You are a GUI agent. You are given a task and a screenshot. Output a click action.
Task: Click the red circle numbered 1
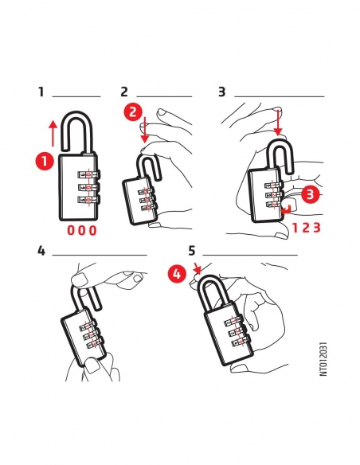pyautogui.click(x=45, y=162)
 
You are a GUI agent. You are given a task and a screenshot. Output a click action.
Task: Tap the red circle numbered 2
pyautogui.click(x=133, y=111)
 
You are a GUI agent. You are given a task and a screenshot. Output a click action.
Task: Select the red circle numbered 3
pyautogui.click(x=311, y=194)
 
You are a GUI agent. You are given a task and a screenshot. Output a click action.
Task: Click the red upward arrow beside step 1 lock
pyautogui.click(x=53, y=134)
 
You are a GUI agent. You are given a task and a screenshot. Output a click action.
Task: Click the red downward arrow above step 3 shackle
pyautogui.click(x=278, y=123)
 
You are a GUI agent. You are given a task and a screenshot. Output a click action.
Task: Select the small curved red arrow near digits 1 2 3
pyautogui.click(x=286, y=209)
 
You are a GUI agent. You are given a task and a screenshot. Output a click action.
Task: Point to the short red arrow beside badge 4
pyautogui.click(x=198, y=268)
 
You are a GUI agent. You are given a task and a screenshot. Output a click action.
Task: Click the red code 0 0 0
pyautogui.click(x=82, y=230)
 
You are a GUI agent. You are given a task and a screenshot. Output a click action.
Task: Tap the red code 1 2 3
pyautogui.click(x=307, y=228)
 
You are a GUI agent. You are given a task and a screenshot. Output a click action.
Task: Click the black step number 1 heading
pyautogui.click(x=41, y=92)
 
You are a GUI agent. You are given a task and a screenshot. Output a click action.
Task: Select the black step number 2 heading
pyautogui.click(x=124, y=92)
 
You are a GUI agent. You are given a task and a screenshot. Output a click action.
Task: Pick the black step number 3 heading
pyautogui.click(x=221, y=92)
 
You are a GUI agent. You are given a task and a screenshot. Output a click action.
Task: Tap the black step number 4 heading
pyautogui.click(x=41, y=251)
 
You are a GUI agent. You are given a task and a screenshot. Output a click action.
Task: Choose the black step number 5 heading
pyautogui.click(x=192, y=251)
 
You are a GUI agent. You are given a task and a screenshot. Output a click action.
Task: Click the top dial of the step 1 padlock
pyautogui.click(x=88, y=174)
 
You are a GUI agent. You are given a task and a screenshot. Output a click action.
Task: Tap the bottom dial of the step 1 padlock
pyautogui.click(x=88, y=201)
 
